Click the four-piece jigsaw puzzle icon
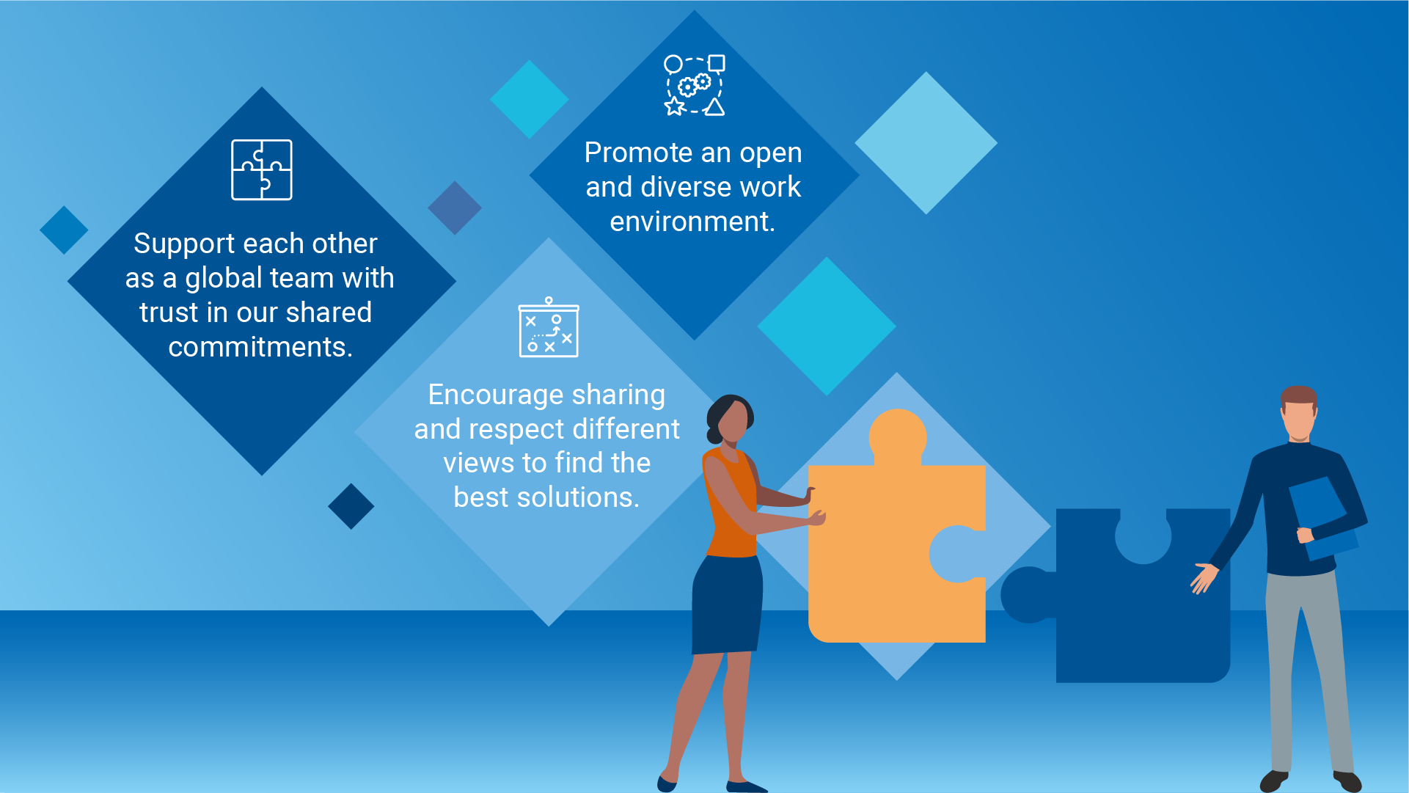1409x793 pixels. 262,169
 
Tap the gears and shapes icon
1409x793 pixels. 695,85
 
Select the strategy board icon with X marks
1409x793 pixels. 549,327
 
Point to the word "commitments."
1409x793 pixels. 260,347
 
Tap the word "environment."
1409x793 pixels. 692,222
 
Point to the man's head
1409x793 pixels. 1299,412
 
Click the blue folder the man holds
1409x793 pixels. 1322,517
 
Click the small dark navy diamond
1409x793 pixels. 351,506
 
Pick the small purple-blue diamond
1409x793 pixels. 455,208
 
